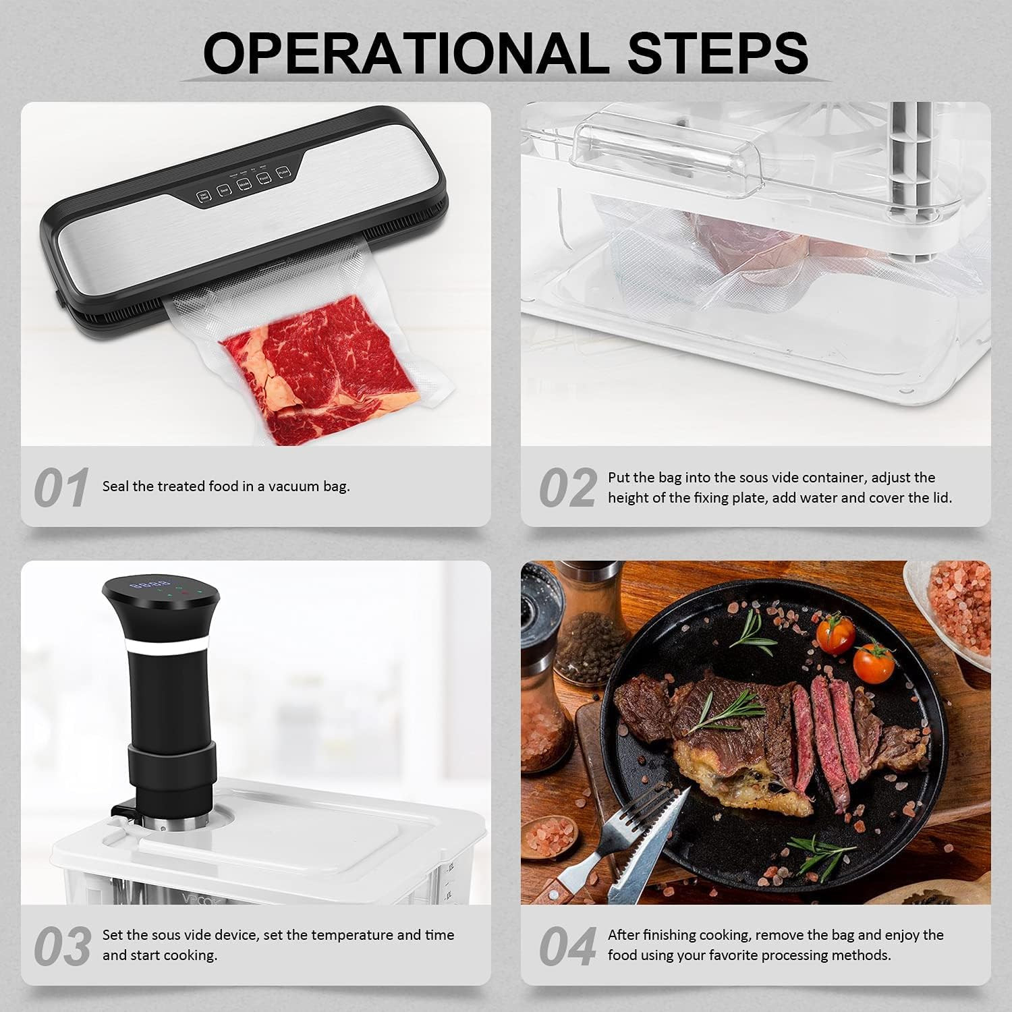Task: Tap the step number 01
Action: [x=61, y=488]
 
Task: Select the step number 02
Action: [x=567, y=488]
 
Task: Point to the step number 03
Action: [x=62, y=946]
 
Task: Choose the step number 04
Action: [x=567, y=946]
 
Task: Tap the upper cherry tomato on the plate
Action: [x=835, y=634]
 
